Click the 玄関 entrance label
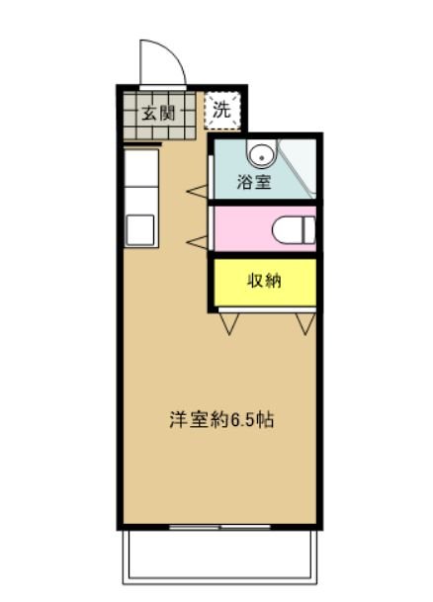[156, 111]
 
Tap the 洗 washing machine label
[222, 110]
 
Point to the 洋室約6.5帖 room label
[220, 418]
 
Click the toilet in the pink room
[295, 229]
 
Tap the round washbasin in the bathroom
[262, 154]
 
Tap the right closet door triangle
[305, 323]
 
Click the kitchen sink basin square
[140, 230]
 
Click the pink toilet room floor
[242, 229]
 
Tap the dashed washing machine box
[222, 110]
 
